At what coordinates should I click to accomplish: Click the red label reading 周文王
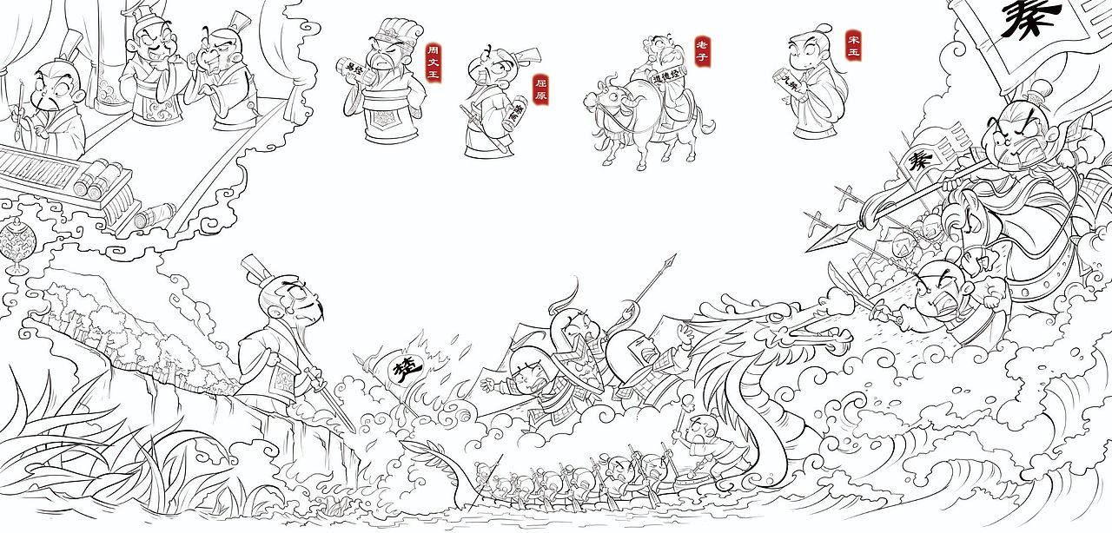click(433, 63)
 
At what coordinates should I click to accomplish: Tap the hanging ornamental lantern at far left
click(15, 244)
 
